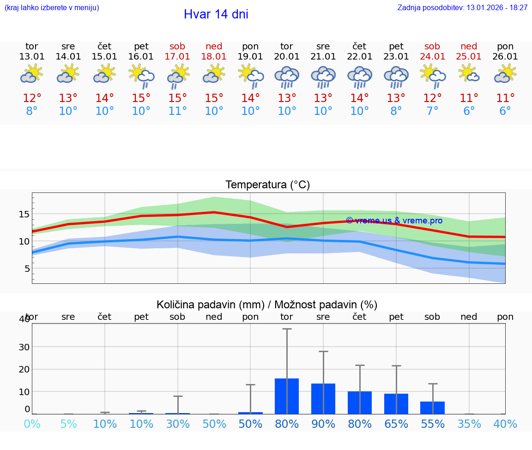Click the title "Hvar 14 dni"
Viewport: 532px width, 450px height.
[216, 14]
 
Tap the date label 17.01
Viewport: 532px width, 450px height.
[177, 57]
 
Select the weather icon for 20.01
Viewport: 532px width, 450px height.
[287, 77]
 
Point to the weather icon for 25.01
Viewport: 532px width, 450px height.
[469, 74]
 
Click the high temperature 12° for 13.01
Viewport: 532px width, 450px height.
[32, 98]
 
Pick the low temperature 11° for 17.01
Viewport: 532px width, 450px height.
[177, 111]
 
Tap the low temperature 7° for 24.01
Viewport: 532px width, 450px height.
[432, 111]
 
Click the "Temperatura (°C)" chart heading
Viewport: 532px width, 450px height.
[267, 185]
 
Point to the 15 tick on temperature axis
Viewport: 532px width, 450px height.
[24, 214]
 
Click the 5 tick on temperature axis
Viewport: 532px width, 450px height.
[27, 269]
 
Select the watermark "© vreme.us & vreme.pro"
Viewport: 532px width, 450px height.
[394, 221]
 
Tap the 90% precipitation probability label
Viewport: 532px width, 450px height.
[323, 424]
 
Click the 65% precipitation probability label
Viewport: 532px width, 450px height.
[396, 424]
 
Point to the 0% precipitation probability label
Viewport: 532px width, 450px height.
[32, 424]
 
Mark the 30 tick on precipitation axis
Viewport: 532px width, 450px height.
[24, 347]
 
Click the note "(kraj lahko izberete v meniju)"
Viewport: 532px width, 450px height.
[52, 8]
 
